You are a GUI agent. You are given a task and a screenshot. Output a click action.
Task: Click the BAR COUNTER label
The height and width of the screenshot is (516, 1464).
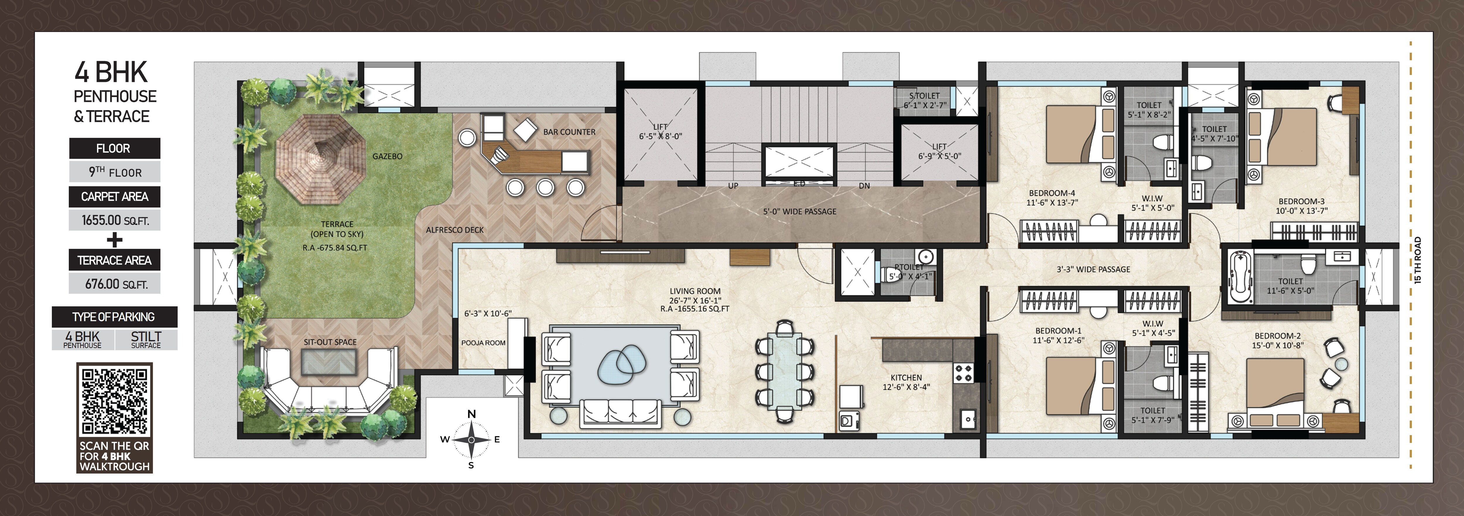pos(569,132)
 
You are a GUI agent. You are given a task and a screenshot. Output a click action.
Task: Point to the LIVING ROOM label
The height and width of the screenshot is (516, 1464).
pos(695,291)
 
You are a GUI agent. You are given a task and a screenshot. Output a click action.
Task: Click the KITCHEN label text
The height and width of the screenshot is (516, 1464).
pos(906,377)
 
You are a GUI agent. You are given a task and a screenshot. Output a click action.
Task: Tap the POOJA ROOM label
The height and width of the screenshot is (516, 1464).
pos(483,343)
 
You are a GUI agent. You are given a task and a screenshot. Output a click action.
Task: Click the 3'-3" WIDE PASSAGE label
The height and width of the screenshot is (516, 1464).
pos(1093,269)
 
